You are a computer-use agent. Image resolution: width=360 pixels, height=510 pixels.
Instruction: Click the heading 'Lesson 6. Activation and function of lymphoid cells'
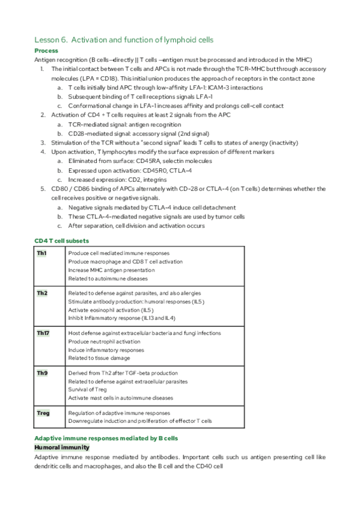tap(124, 40)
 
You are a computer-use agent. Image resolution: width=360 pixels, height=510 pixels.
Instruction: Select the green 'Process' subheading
tap(46, 51)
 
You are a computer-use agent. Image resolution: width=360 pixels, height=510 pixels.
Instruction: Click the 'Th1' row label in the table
tap(41, 253)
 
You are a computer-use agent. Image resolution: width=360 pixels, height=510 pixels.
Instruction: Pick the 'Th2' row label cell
tap(42, 293)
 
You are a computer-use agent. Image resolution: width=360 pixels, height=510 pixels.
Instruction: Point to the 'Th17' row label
tap(43, 333)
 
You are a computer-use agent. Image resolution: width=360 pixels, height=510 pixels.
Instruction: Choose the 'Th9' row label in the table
tap(42, 373)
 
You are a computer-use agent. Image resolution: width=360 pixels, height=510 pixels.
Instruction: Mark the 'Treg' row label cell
tap(43, 413)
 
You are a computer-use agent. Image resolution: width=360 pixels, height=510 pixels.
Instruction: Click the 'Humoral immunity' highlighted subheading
tap(62, 447)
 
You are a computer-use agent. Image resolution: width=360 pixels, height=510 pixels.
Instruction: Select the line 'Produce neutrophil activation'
tap(104, 341)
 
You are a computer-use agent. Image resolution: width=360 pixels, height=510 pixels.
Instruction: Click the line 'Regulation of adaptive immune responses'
tap(119, 413)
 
